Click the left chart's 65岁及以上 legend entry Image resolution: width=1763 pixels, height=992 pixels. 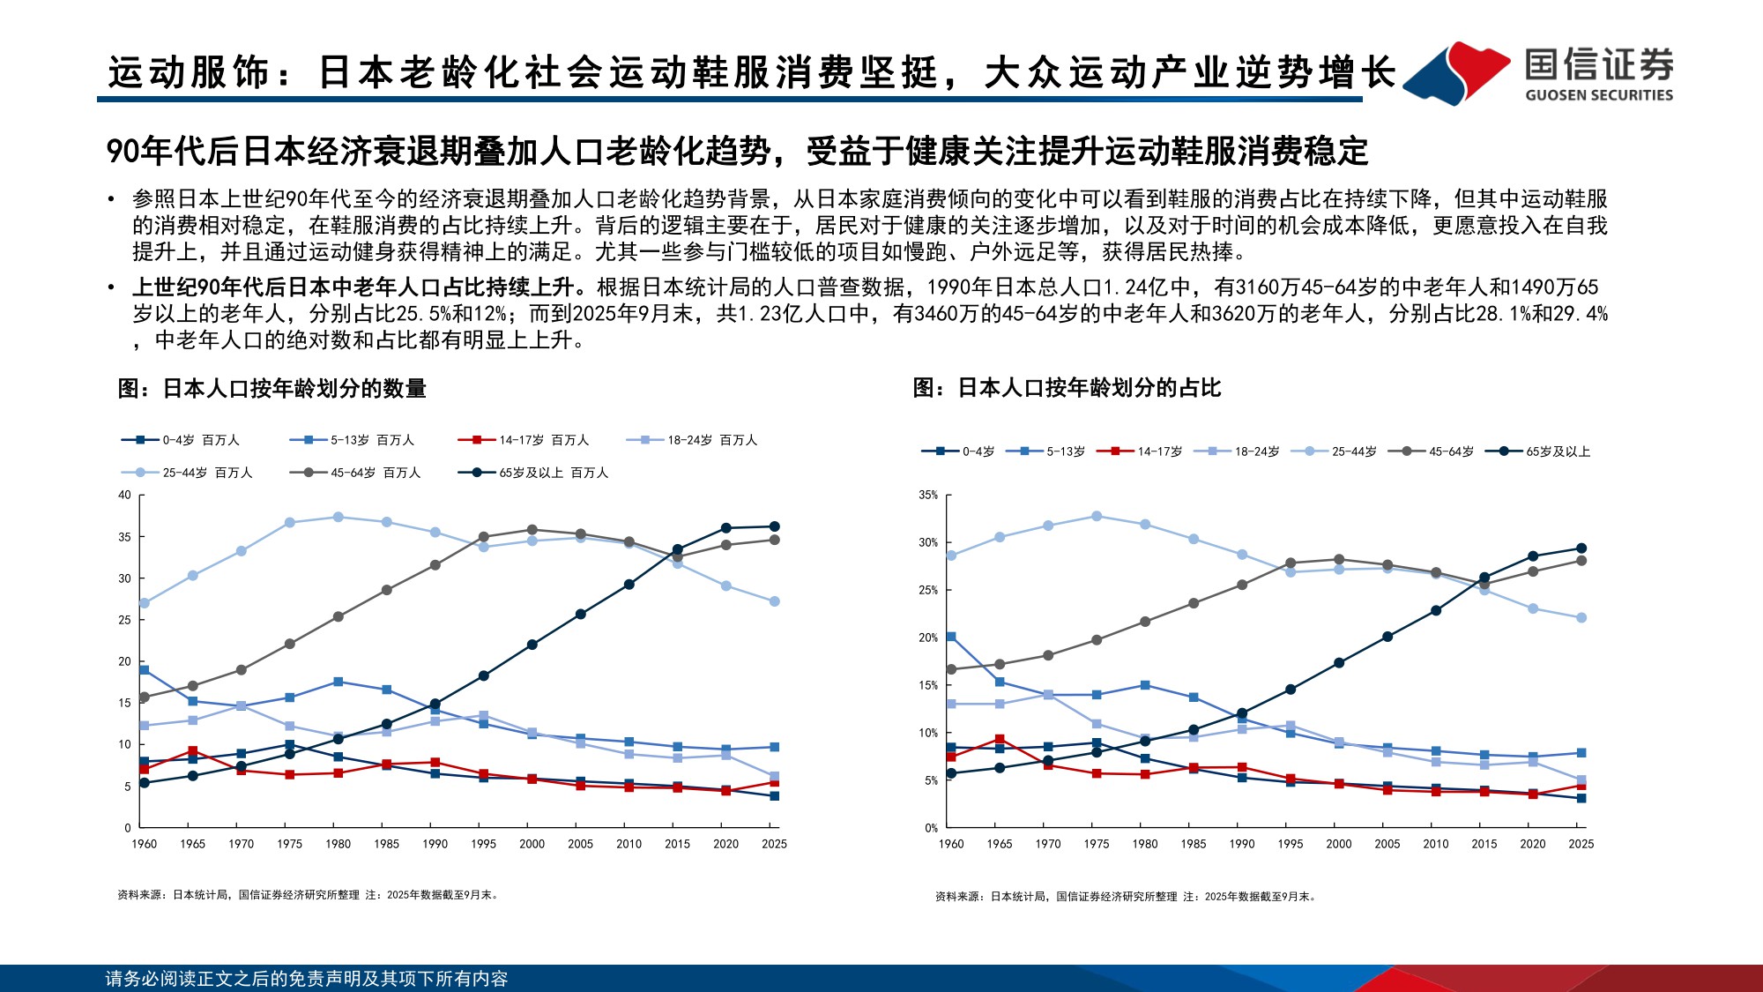[x=533, y=473]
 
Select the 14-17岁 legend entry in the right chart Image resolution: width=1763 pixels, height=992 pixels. [x=1141, y=451]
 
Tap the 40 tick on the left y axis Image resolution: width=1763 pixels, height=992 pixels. [x=124, y=495]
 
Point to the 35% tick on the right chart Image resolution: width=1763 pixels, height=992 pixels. [x=928, y=495]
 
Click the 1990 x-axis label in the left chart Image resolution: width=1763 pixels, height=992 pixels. [x=435, y=844]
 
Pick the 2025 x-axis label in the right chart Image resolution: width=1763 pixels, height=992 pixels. [x=1581, y=844]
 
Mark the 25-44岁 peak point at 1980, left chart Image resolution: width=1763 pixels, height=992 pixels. [x=338, y=517]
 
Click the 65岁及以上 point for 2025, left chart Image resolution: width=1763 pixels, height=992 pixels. [x=774, y=526]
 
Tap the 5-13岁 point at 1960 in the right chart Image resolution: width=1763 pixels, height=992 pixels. [x=951, y=637]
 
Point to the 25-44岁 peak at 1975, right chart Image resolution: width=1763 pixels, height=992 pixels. [x=1097, y=516]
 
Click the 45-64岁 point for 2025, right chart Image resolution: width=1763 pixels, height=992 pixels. [x=1581, y=561]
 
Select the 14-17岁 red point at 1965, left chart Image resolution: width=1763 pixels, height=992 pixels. [x=193, y=751]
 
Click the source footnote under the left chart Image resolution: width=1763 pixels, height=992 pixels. [x=309, y=895]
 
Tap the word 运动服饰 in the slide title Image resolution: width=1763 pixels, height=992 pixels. [x=189, y=72]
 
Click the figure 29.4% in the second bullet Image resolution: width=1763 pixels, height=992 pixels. [x=1585, y=314]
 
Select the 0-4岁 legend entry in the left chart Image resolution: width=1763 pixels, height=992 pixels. [x=181, y=440]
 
